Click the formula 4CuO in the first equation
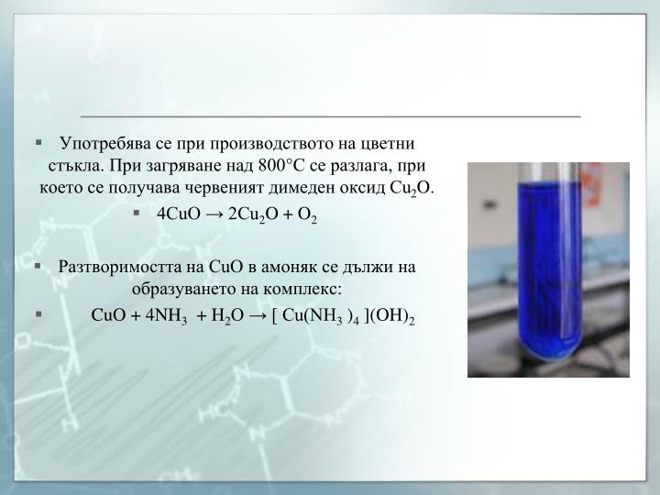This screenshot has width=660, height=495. (179, 214)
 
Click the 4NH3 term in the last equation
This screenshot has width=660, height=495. (168, 316)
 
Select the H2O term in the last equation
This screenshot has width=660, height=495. (225, 316)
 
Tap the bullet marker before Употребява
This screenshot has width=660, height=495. (39, 144)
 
